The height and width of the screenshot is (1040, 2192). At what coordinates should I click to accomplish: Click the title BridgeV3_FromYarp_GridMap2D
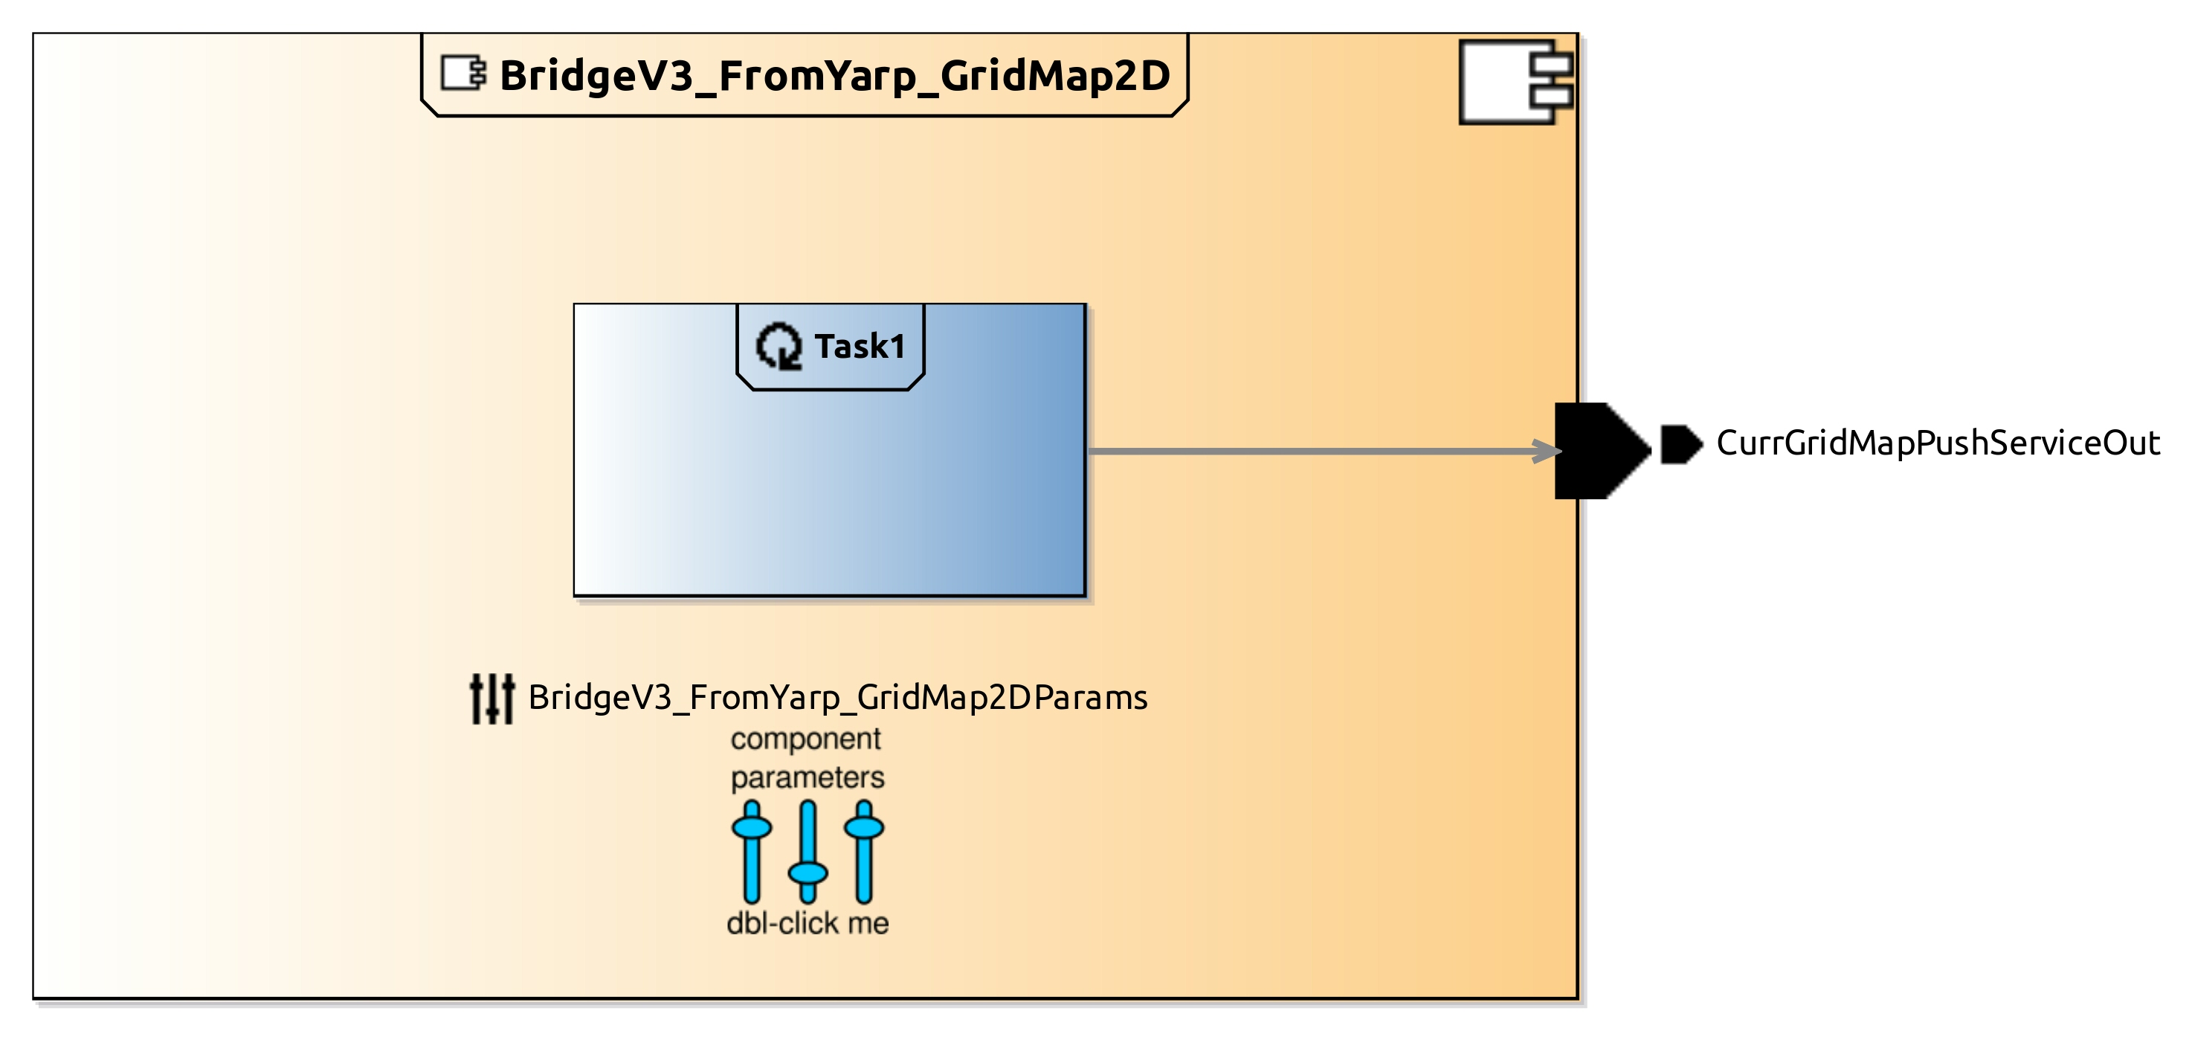pyautogui.click(x=834, y=76)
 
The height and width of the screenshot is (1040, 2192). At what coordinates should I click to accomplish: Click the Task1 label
pyautogui.click(x=860, y=347)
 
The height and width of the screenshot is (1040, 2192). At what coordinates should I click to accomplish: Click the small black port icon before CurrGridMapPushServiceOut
pyautogui.click(x=1680, y=444)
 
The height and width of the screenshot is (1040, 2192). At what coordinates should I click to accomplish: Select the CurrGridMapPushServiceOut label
pyautogui.click(x=1938, y=443)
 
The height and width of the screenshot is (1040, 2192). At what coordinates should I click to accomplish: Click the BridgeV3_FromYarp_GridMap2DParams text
pyautogui.click(x=837, y=698)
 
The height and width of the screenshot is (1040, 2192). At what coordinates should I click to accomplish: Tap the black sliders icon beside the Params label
pyautogui.click(x=491, y=699)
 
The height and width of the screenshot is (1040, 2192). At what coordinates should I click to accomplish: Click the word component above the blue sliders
pyautogui.click(x=806, y=739)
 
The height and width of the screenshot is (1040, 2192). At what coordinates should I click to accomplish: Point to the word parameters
pyautogui.click(x=808, y=777)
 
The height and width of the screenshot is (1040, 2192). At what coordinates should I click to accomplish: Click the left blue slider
pyautogui.click(x=752, y=850)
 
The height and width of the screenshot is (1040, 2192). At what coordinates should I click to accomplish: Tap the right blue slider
pyautogui.click(x=864, y=850)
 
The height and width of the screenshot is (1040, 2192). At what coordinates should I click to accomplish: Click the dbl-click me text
pyautogui.click(x=808, y=923)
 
